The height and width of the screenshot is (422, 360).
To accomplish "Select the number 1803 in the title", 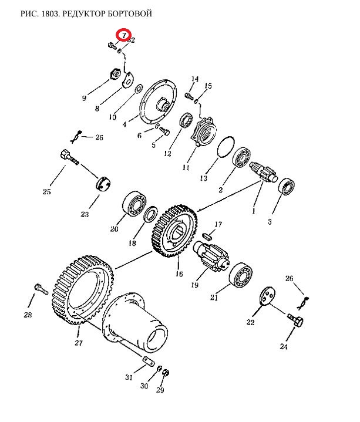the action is [51, 13].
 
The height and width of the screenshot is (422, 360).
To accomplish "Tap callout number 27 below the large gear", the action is [78, 343].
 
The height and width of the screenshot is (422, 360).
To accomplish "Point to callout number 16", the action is [179, 274].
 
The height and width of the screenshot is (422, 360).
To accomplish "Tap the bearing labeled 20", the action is [134, 204].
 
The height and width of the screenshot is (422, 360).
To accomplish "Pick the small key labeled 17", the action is [207, 236].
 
